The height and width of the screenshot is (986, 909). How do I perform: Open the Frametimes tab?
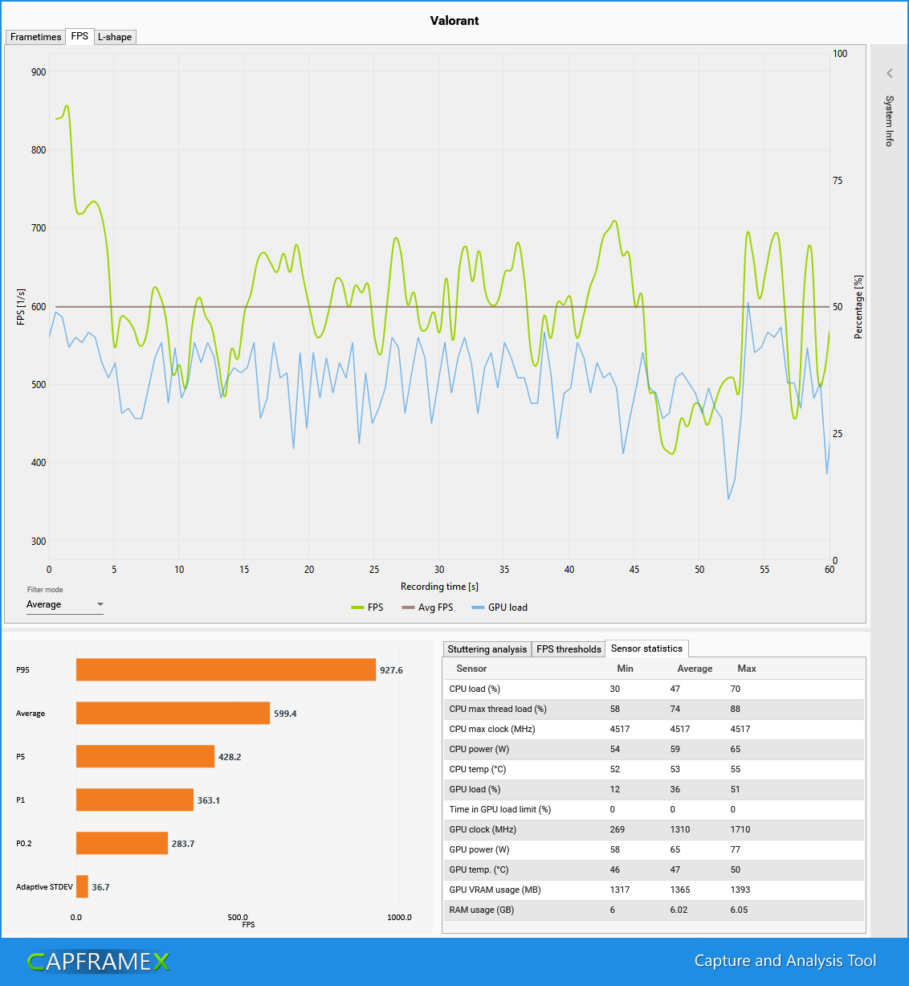click(x=35, y=37)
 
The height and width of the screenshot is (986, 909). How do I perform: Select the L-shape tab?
click(x=115, y=37)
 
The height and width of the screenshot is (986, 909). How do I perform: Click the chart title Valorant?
click(x=454, y=21)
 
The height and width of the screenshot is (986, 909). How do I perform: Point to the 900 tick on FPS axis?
click(x=39, y=72)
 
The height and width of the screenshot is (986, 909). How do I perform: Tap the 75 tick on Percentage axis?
click(x=838, y=181)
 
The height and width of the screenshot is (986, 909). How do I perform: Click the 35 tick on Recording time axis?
click(x=504, y=570)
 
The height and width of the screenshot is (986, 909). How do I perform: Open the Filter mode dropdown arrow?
click(x=100, y=604)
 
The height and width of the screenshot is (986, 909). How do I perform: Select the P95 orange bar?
click(x=226, y=669)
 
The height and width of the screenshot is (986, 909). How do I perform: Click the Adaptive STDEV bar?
click(x=82, y=886)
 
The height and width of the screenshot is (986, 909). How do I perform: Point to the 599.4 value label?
click(x=285, y=714)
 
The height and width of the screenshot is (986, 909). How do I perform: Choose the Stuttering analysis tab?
click(x=487, y=649)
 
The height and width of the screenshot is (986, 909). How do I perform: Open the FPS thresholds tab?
click(x=569, y=649)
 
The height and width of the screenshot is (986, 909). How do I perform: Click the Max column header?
click(x=747, y=669)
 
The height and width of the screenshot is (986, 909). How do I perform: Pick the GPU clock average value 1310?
click(x=680, y=829)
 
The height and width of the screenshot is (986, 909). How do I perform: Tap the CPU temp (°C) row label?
click(x=479, y=769)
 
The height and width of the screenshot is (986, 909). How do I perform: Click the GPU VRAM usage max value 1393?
click(x=740, y=890)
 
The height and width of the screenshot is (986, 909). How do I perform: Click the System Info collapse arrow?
click(x=890, y=73)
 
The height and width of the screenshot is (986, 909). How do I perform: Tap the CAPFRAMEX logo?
click(x=99, y=961)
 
